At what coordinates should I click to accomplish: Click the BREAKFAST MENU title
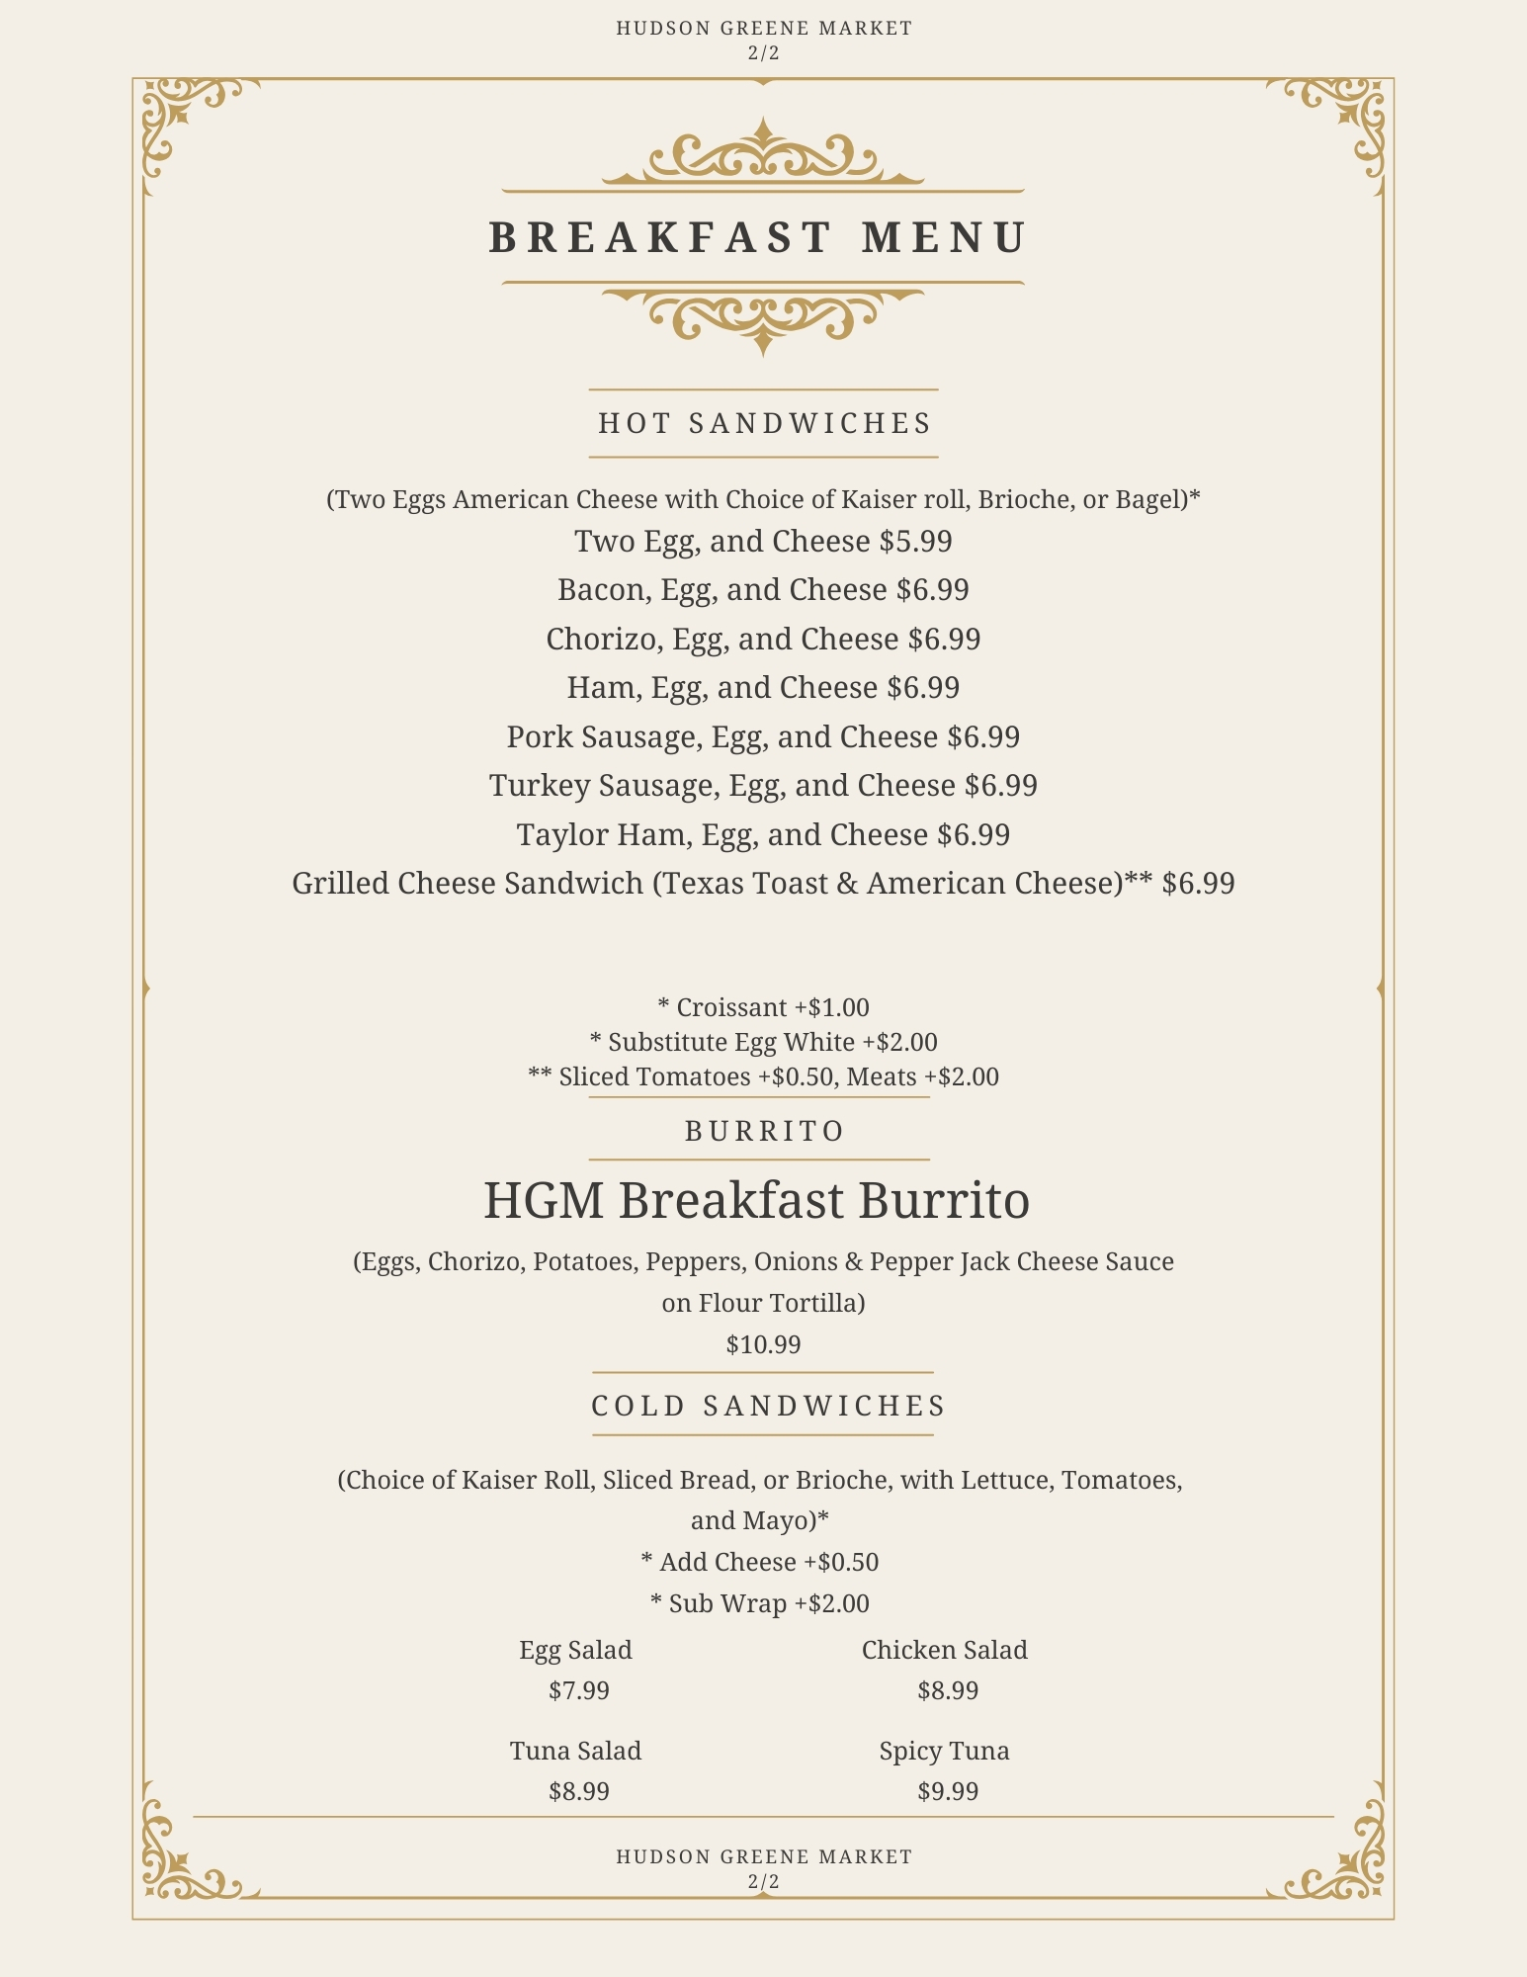(759, 238)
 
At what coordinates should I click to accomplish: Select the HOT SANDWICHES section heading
(764, 423)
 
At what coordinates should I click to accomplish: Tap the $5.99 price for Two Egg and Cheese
(915, 542)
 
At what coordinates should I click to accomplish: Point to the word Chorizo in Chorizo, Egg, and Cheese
(603, 640)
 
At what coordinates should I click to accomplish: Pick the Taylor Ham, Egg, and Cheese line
(763, 835)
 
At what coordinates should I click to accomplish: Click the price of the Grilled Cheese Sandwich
(1198, 884)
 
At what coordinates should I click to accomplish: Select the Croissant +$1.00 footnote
(763, 1007)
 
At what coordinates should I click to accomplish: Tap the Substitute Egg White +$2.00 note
(763, 1042)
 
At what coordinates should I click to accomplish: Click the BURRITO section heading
(764, 1131)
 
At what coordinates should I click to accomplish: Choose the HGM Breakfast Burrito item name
(756, 1201)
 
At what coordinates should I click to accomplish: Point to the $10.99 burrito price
(763, 1344)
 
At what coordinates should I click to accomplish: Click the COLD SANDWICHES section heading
(768, 1406)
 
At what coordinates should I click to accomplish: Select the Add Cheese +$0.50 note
(759, 1562)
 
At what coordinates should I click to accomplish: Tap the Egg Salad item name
(575, 1650)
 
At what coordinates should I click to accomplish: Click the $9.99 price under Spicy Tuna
(948, 1791)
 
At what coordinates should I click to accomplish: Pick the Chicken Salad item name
(944, 1650)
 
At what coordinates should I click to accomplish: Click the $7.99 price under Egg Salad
(579, 1690)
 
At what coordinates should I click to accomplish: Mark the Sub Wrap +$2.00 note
(759, 1603)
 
